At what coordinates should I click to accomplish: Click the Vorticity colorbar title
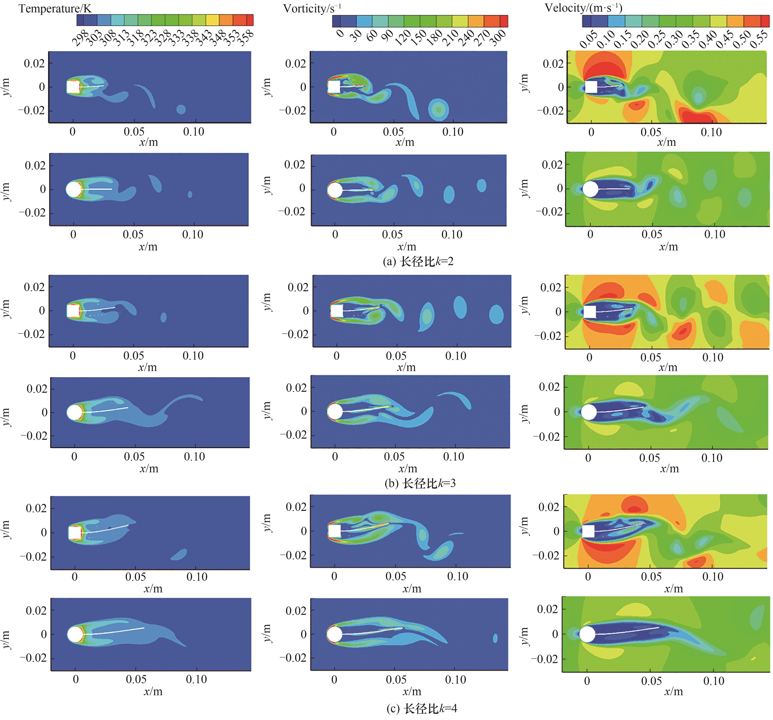(x=312, y=9)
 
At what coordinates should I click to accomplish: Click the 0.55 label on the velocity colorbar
(x=759, y=40)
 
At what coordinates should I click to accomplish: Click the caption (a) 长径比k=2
(x=418, y=261)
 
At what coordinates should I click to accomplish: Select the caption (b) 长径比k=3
(x=420, y=484)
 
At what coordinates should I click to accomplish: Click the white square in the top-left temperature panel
(x=73, y=87)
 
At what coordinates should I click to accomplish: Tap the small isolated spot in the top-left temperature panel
(x=181, y=109)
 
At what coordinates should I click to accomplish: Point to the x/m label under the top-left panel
(x=148, y=142)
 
